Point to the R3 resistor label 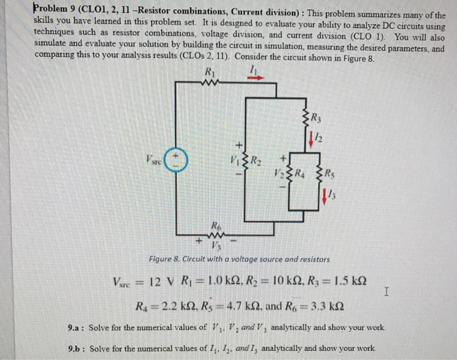pos(317,120)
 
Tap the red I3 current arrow pos(324,194)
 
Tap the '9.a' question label pos(77,327)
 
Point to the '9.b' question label pos(77,348)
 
